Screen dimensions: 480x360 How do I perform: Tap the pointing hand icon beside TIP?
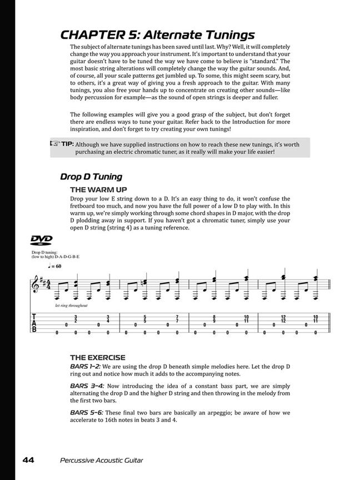point(55,144)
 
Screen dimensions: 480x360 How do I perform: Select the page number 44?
point(29,459)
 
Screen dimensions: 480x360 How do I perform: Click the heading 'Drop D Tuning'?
point(91,177)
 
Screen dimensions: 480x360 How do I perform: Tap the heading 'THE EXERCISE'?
point(97,357)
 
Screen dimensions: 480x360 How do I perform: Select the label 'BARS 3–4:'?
point(85,385)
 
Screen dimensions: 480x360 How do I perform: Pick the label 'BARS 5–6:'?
point(85,413)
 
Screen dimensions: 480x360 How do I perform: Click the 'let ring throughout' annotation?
point(71,306)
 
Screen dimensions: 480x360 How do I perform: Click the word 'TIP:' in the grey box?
point(68,144)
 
